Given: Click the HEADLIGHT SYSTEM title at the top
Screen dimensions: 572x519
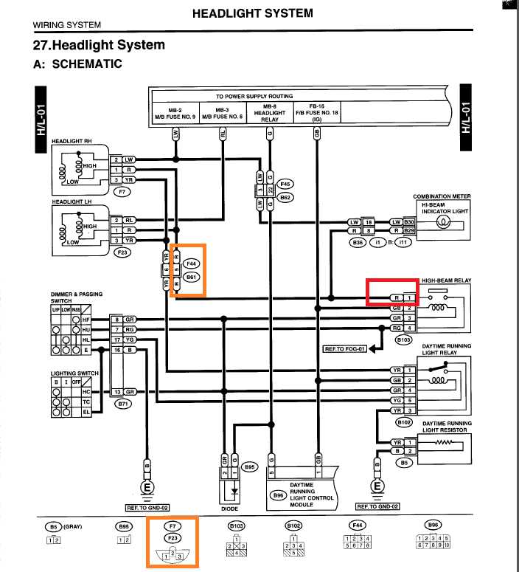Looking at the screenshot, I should coord(252,13).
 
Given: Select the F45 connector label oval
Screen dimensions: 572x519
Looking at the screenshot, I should coord(285,184).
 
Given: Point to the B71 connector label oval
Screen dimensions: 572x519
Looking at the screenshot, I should coord(122,404).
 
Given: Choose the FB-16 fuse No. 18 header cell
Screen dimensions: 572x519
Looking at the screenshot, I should coord(317,111).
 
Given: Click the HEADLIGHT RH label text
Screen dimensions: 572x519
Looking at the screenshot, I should coord(71,140).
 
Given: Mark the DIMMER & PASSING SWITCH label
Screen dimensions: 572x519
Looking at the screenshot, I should coord(77,297).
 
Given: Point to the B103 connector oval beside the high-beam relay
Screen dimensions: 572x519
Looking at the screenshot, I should coord(403,340).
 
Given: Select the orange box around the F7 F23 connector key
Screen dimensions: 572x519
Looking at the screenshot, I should coord(173,542).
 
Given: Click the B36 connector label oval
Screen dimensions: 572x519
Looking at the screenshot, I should coord(358,242).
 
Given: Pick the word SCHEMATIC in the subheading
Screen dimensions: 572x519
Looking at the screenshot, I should coord(87,64).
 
